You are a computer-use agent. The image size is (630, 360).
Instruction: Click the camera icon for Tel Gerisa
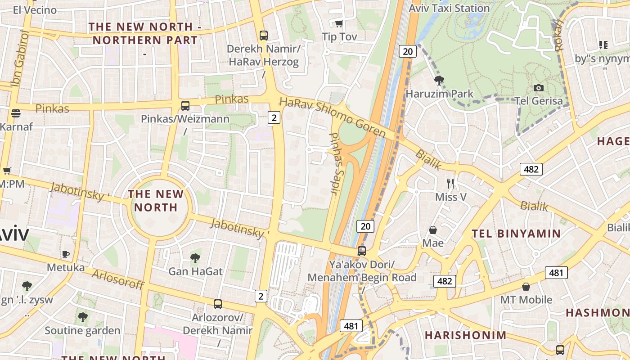pos(538,88)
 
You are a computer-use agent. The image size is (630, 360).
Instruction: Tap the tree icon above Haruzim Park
pos(439,81)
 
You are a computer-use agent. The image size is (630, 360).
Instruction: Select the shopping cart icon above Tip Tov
pos(339,23)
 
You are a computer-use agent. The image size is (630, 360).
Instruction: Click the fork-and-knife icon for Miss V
pos(450,183)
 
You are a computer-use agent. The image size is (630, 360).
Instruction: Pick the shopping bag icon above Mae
pos(433,230)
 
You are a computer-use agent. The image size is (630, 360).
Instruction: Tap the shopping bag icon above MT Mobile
pos(526,287)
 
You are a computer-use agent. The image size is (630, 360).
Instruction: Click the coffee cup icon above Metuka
pos(66,254)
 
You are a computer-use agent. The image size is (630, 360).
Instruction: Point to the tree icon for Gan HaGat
pos(195,258)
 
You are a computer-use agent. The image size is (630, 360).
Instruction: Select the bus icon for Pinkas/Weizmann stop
pos(185,106)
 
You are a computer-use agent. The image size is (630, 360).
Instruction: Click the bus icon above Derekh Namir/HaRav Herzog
pos(263,35)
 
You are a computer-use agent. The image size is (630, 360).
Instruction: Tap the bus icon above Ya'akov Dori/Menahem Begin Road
pos(362,251)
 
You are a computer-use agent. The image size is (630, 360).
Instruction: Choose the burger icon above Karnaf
pos(16,113)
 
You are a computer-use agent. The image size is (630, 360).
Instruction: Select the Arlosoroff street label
pos(118,279)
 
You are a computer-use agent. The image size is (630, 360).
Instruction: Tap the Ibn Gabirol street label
pos(20,58)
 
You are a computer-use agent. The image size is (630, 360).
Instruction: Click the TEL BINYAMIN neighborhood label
pos(516,234)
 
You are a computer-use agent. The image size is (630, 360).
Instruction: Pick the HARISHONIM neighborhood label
pos(465,335)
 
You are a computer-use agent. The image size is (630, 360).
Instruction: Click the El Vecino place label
pos(35,10)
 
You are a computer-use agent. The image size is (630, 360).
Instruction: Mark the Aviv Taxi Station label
pos(449,8)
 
